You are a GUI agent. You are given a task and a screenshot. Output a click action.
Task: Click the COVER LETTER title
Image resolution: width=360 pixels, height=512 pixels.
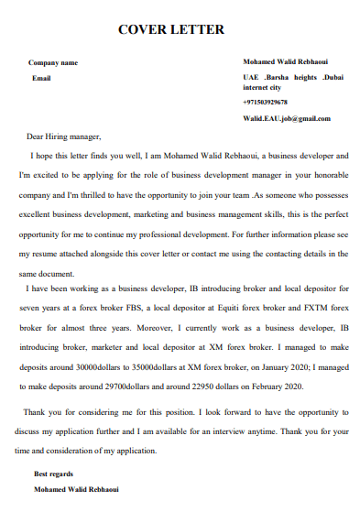pyautogui.click(x=171, y=29)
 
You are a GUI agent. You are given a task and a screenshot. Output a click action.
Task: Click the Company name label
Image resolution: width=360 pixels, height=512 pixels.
pyautogui.click(x=53, y=62)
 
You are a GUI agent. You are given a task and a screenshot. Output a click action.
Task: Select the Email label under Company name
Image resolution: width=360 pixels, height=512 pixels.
pyautogui.click(x=41, y=78)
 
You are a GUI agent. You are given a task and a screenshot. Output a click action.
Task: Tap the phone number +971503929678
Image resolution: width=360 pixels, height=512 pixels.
pyautogui.click(x=266, y=102)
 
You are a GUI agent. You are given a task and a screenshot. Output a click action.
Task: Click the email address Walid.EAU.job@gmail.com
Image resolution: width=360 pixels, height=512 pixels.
pyautogui.click(x=287, y=118)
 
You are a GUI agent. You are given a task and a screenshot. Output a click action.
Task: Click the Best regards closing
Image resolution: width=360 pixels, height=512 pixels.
pyautogui.click(x=54, y=474)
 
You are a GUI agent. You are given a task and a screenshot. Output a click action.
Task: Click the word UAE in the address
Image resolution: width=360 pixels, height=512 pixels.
pyautogui.click(x=251, y=79)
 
